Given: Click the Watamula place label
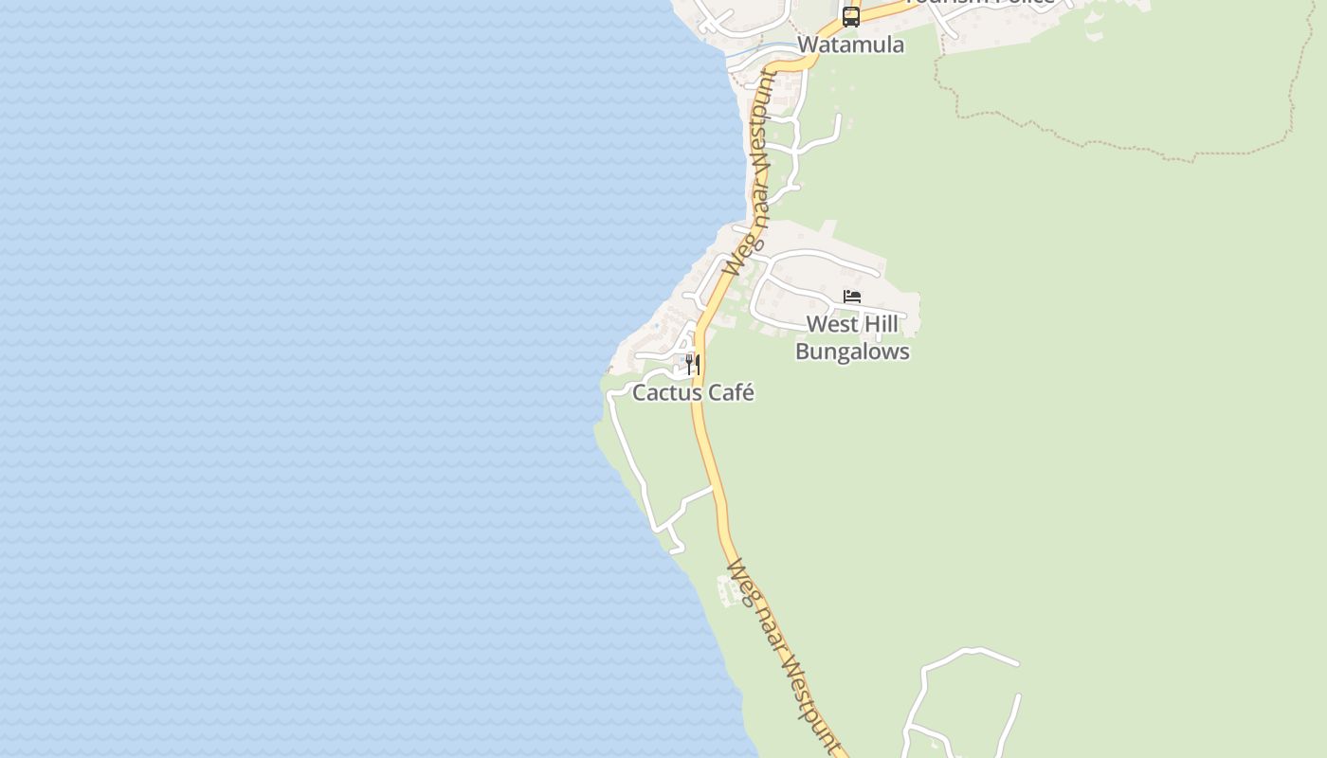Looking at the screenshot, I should pyautogui.click(x=850, y=45).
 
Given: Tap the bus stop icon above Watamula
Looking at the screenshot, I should pyautogui.click(x=850, y=16).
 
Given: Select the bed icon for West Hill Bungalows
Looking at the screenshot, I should pyautogui.click(x=852, y=297).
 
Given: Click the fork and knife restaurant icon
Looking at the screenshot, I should pyautogui.click(x=693, y=365).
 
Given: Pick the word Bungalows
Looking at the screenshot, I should pyautogui.click(x=852, y=352).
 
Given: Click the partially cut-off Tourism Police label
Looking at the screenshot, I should pyautogui.click(x=980, y=3).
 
